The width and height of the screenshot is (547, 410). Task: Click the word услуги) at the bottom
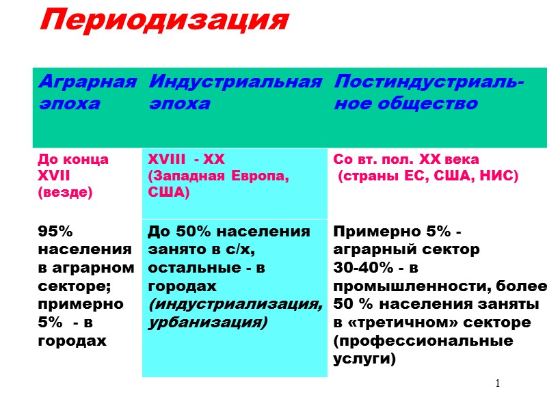364,357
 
